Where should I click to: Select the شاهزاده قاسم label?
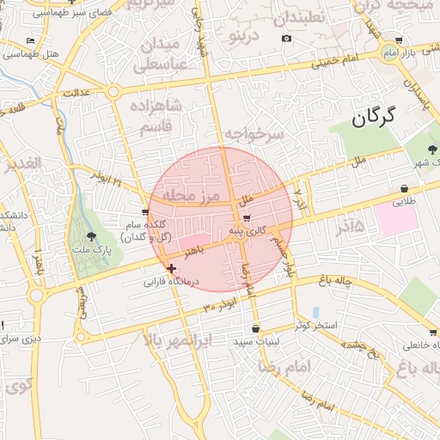pos(156,116)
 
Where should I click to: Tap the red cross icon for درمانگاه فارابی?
pos(171,268)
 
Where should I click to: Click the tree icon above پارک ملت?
pos(92,236)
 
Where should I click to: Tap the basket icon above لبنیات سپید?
pos(255,329)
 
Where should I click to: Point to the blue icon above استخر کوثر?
pos(315,312)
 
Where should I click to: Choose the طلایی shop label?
pos(404,203)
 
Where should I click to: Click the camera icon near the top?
pos(286,38)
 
